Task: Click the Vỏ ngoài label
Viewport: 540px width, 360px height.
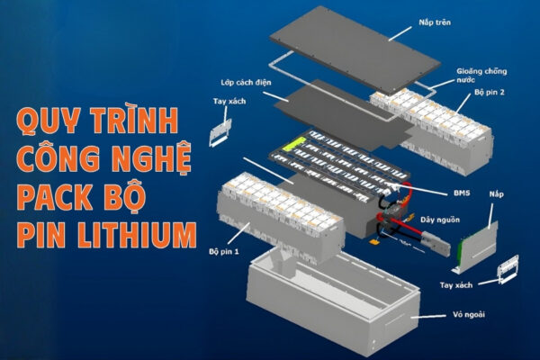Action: pos(463,316)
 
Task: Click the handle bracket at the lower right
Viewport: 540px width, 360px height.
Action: pos(507,268)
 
